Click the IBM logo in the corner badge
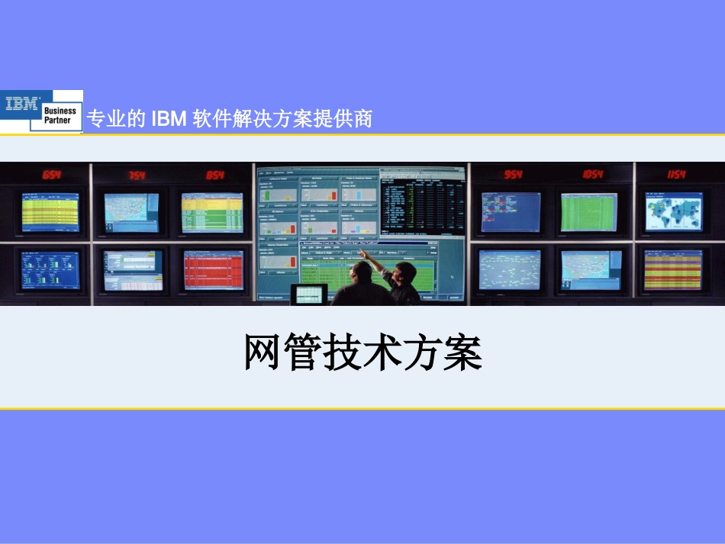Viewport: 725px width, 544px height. click(23, 105)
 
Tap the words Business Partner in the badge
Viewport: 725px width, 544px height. click(60, 115)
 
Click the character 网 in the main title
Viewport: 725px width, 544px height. click(264, 352)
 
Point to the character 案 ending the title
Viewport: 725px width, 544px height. click(462, 352)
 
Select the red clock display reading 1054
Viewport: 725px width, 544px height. click(593, 175)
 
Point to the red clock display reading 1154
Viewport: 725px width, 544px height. click(675, 175)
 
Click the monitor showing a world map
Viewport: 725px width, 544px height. click(672, 212)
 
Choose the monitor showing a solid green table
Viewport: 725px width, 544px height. click(588, 212)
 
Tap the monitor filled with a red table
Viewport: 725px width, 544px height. click(213, 269)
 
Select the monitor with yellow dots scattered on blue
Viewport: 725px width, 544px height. click(509, 269)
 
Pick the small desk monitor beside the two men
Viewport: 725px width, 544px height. click(308, 293)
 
